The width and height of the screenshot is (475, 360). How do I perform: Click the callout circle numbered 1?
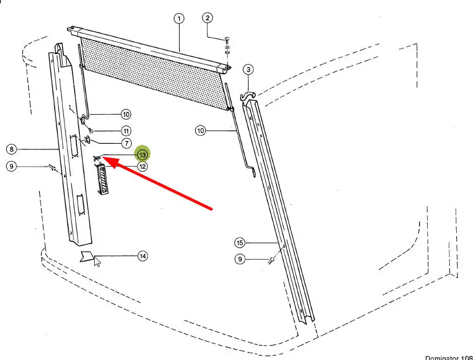(179, 18)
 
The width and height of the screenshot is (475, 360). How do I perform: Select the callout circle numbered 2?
(208, 18)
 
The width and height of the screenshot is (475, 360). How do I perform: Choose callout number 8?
(11, 149)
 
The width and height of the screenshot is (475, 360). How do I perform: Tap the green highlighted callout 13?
(142, 154)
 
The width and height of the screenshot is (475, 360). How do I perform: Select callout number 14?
(143, 256)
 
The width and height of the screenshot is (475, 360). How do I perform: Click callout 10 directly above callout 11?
(125, 114)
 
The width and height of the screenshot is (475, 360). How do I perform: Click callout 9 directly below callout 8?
(11, 167)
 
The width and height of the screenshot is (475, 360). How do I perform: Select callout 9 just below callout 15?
(240, 260)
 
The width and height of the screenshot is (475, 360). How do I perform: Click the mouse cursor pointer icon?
(97, 262)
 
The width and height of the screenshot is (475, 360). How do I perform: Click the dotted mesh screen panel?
(154, 68)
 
